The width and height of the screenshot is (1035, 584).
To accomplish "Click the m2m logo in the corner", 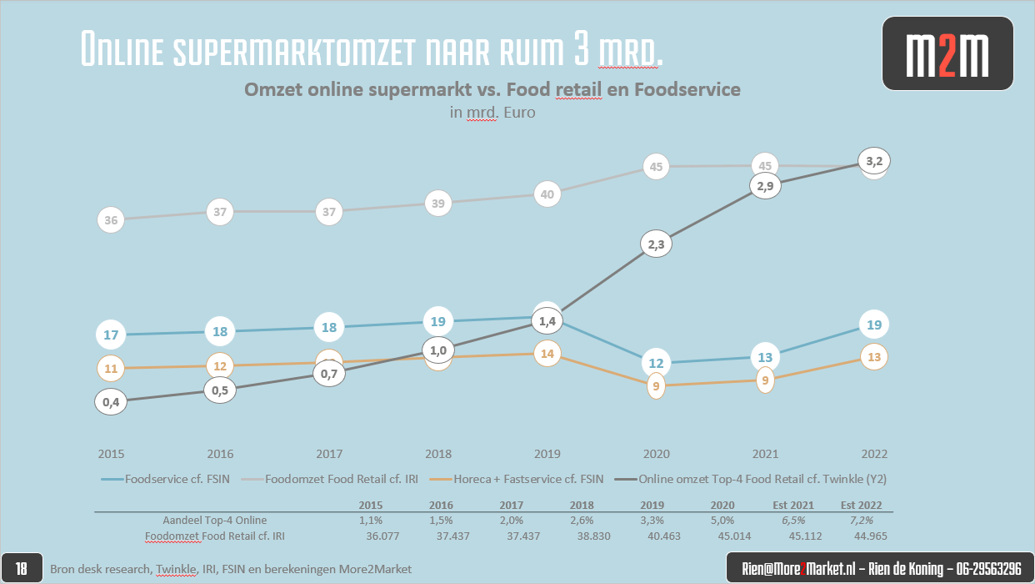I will click(x=947, y=53).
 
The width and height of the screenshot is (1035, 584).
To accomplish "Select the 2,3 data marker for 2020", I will click(x=656, y=244).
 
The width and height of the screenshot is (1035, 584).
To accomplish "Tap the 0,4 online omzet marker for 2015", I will click(x=111, y=401).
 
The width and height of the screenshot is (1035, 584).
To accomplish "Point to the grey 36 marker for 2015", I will click(x=111, y=220).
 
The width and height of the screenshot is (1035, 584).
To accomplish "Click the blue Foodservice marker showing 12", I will click(x=656, y=363).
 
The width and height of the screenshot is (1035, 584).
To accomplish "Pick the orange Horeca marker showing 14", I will click(x=547, y=353).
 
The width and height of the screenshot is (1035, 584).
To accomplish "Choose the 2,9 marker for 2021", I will click(x=765, y=187).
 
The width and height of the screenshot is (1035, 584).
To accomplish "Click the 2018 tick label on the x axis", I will click(x=437, y=455).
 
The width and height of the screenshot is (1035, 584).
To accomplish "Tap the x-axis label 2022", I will click(x=874, y=455).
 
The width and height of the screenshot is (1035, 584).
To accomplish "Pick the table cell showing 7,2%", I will click(x=861, y=521).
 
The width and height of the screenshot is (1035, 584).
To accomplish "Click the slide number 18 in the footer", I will click(x=22, y=569).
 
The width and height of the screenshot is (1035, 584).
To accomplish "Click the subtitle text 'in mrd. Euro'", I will click(x=492, y=112).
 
